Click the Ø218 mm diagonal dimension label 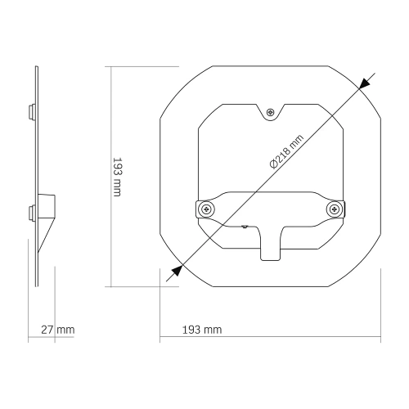click(286, 151)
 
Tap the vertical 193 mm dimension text click(118, 177)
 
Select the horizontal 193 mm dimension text click(200, 330)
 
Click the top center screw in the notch click(271, 112)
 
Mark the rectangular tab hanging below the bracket click(270, 245)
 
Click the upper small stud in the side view click(32, 109)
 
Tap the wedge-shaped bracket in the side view click(46, 217)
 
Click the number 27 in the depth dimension click(47, 330)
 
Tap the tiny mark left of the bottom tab click(244, 224)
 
